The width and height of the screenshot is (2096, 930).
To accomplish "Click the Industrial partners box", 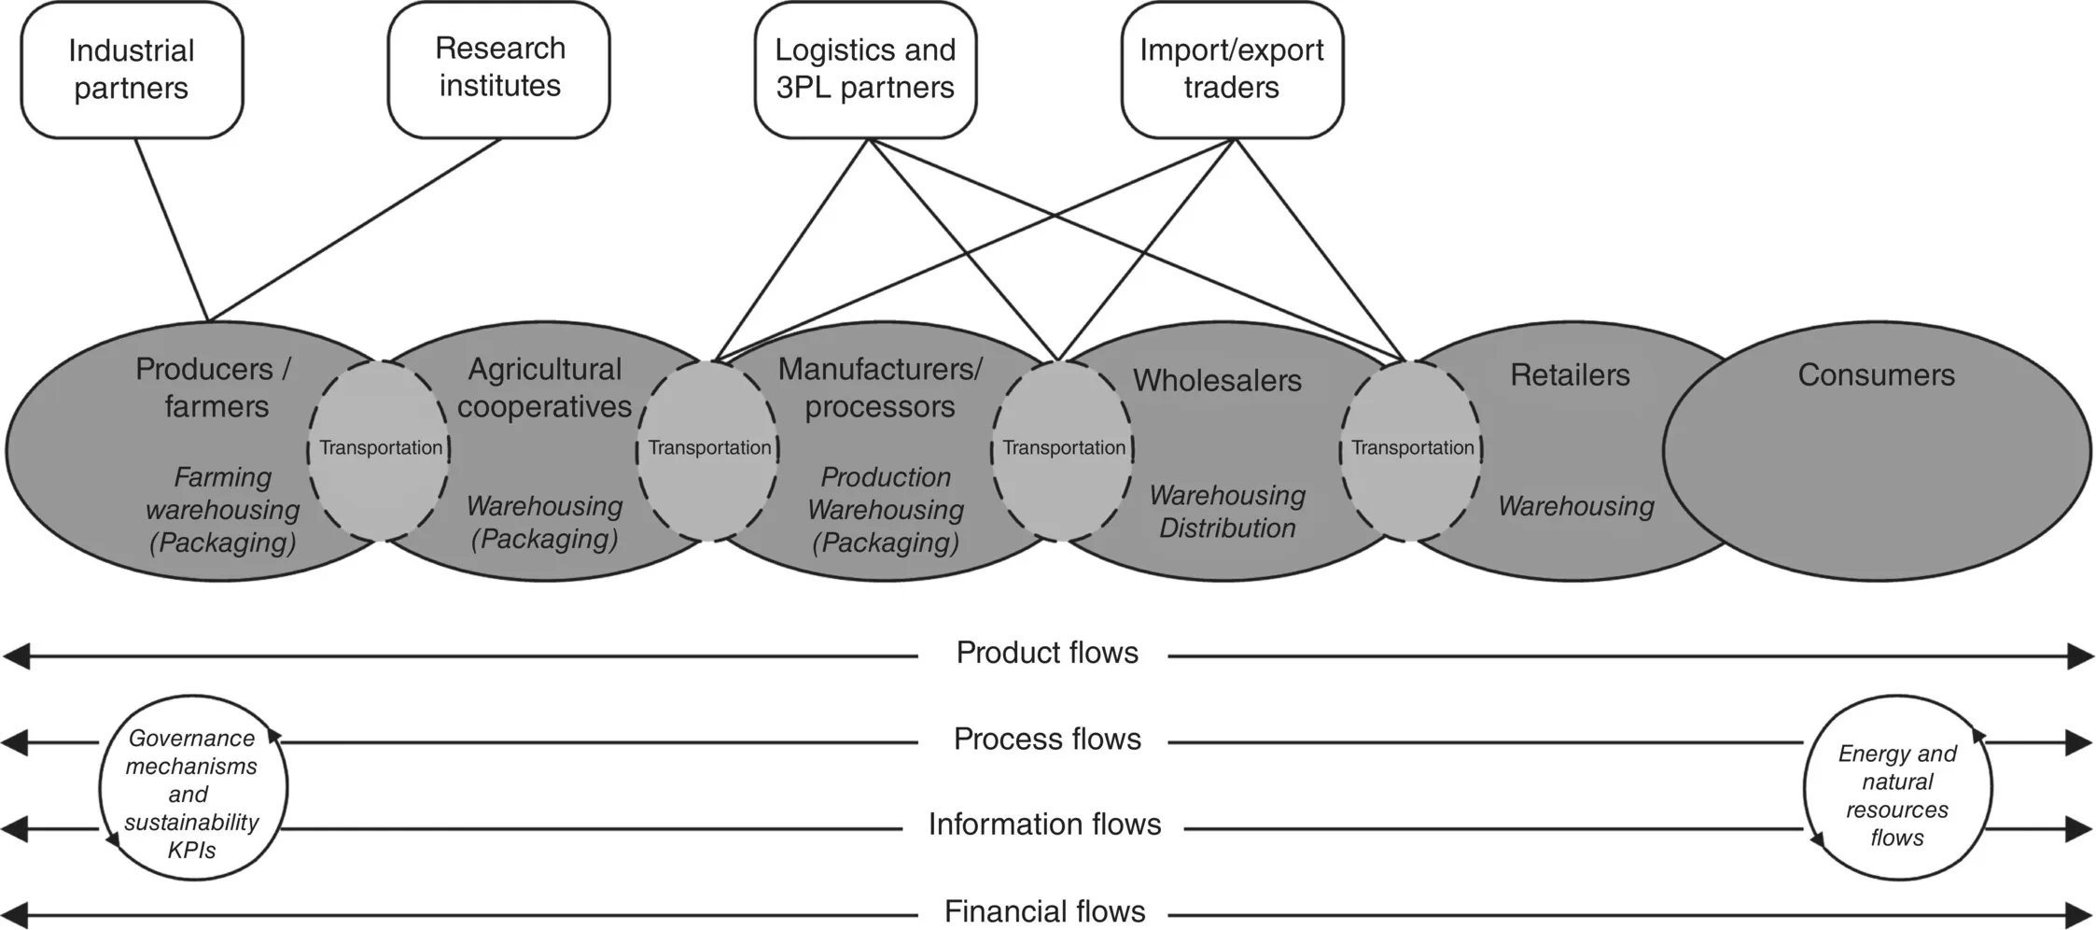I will click(x=132, y=70).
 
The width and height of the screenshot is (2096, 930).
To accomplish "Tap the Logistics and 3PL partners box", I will click(x=865, y=69).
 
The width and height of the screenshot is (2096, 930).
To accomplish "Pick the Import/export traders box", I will click(x=1232, y=69).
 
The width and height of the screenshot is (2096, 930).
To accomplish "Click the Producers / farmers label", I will click(x=214, y=387).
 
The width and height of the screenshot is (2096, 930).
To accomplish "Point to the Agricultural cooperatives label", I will click(x=545, y=387).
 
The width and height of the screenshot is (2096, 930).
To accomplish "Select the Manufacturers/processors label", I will click(x=880, y=387).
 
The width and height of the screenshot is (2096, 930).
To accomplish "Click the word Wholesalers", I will click(x=1217, y=381).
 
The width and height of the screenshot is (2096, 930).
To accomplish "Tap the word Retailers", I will click(x=1570, y=375).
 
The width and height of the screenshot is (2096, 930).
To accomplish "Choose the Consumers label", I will click(x=1876, y=375).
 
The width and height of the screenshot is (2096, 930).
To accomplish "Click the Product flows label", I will click(x=1047, y=653).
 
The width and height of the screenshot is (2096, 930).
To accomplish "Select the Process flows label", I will click(x=1047, y=740).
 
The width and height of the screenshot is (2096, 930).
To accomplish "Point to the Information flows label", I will click(x=1044, y=824).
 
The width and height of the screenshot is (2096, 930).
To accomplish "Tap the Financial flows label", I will click(x=1044, y=911).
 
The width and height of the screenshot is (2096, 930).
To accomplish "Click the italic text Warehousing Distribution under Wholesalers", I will click(x=1227, y=512).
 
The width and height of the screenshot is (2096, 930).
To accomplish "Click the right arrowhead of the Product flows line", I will click(x=2081, y=656).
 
